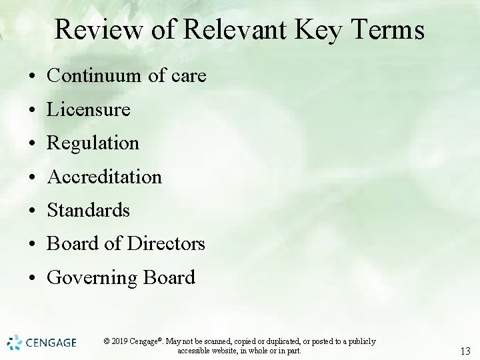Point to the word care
189,76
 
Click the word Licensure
89,109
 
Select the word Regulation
93,143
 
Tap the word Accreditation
105,177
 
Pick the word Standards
89,210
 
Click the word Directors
166,243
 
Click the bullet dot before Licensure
32,110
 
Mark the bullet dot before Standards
32,211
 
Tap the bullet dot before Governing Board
32,278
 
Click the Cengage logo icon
15,343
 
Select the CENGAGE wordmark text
51,343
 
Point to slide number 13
465,351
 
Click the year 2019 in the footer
120,341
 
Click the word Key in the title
313,30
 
